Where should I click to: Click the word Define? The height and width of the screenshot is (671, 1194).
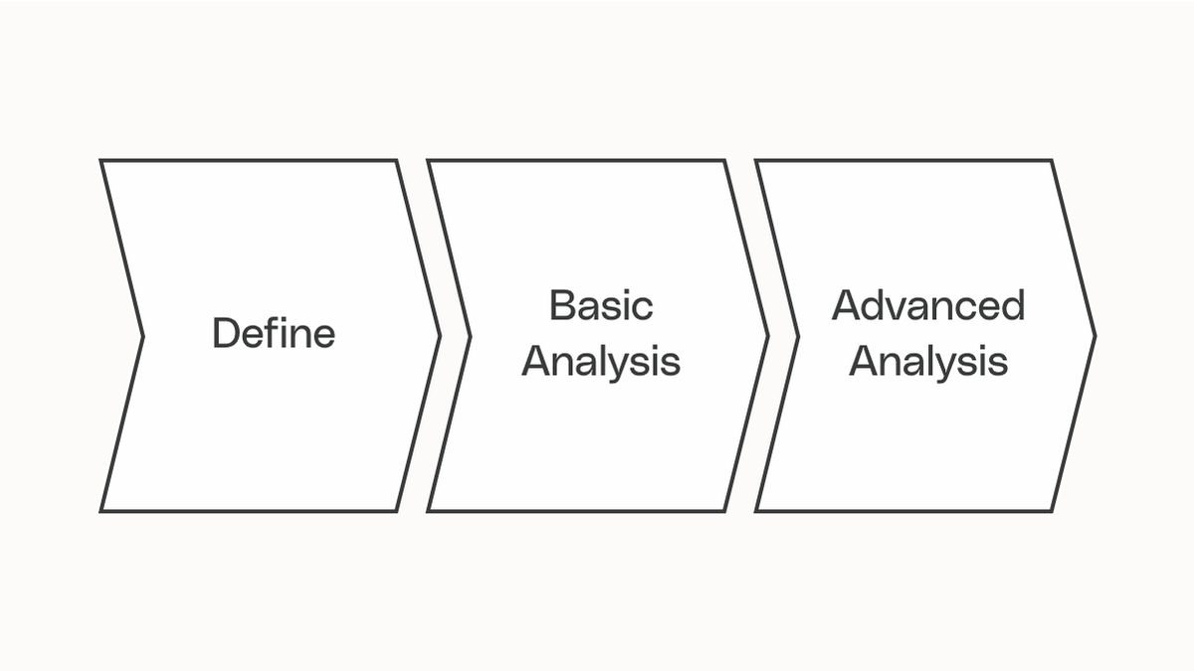pos(274,334)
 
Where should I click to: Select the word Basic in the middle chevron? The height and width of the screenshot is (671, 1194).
pos(601,305)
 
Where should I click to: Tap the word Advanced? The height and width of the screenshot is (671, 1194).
pos(928,305)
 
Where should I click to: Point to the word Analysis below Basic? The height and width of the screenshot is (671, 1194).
pos(601,362)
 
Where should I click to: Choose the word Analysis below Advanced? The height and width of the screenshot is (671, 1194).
pos(928,362)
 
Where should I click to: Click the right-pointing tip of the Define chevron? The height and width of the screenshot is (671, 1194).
pos(439,336)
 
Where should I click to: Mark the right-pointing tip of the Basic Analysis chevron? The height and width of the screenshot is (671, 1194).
pos(767,336)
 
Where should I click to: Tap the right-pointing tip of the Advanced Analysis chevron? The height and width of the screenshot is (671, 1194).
pos(1094,336)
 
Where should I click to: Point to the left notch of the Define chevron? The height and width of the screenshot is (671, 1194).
pos(143,336)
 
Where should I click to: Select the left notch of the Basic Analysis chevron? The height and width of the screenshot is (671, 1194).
pos(471,336)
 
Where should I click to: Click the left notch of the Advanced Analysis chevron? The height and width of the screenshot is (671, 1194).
pos(798,336)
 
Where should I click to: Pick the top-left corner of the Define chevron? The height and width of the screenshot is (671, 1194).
pos(101,161)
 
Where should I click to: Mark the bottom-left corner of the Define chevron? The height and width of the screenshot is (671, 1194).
pos(101,511)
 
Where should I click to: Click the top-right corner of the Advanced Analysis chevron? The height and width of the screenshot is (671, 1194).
pos(1052,161)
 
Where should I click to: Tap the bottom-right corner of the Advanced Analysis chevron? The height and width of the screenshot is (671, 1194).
pos(1052,511)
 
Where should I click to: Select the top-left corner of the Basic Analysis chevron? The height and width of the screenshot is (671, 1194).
pos(429,161)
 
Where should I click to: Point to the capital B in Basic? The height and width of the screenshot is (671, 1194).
pos(561,305)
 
